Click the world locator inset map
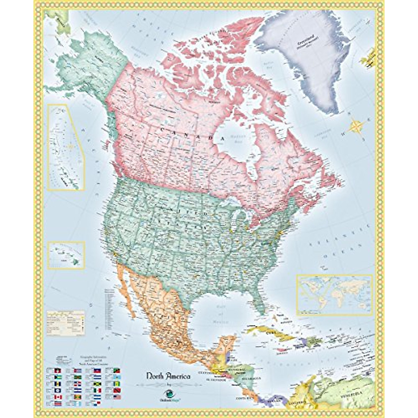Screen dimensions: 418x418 (334, 294)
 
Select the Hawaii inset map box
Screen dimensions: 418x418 (66, 255)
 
